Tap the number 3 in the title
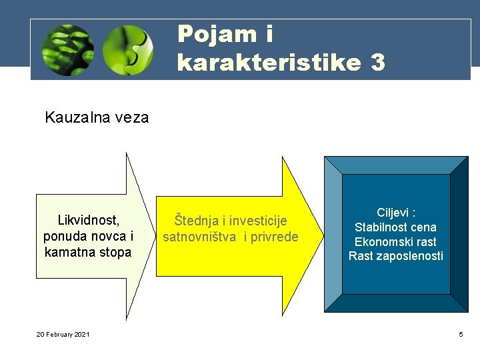[x=377, y=62]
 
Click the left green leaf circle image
[x=67, y=50]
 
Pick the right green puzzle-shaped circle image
[x=129, y=50]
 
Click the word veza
[x=131, y=118]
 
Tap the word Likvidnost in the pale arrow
[x=88, y=220]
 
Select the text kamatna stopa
[x=88, y=252]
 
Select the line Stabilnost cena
[x=395, y=227]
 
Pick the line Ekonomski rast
[x=395, y=242]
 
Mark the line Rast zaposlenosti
[x=395, y=256]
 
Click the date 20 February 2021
[x=63, y=334]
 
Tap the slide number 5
[x=460, y=334]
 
